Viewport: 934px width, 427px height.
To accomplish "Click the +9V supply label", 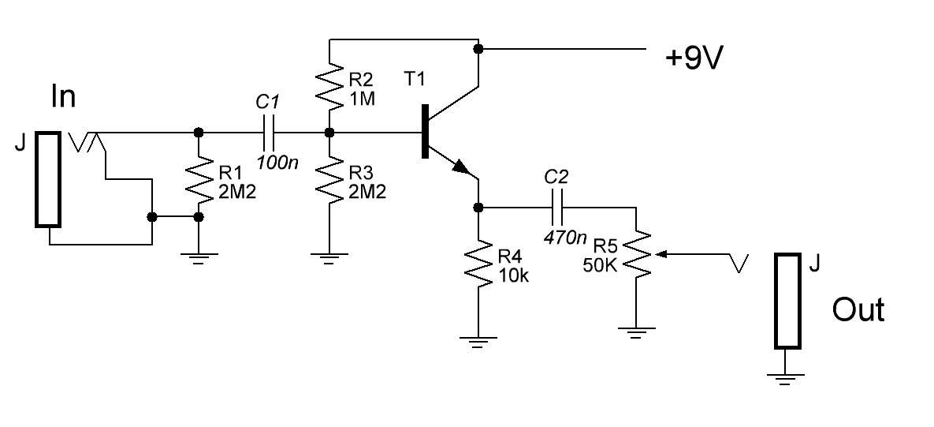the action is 694,59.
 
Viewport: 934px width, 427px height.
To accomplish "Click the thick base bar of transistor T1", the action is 425,131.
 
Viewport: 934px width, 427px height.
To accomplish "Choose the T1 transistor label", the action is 416,79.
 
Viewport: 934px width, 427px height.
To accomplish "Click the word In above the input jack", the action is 64,96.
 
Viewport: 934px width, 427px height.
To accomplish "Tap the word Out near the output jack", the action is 858,310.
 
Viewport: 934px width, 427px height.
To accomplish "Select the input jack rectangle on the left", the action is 48,179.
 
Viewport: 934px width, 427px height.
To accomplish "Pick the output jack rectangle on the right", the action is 787,301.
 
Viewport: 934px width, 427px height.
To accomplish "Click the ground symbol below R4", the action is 478,340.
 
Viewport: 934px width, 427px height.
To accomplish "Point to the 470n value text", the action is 565,237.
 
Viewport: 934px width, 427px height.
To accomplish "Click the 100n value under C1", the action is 277,162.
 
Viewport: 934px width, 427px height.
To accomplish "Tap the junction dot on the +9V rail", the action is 478,47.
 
